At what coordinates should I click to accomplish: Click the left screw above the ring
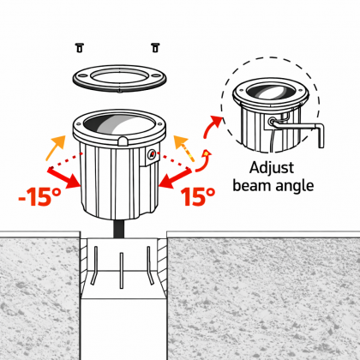[x=80, y=48]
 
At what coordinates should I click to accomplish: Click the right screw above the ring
[x=155, y=47]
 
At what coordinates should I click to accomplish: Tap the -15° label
[x=39, y=197]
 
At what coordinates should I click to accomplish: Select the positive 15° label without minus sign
[x=198, y=196]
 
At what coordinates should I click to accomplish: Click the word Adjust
[x=272, y=168]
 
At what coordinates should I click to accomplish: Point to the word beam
[x=250, y=185]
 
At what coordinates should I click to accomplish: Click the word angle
[x=293, y=187]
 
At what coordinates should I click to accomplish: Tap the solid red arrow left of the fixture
[x=64, y=178]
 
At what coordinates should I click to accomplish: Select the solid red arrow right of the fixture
[x=175, y=178]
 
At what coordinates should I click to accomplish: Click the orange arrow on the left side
[x=56, y=147]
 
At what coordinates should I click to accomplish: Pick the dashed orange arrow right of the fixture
[x=184, y=148]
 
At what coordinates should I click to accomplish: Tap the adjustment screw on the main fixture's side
[x=151, y=154]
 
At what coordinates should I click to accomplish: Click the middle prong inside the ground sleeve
[x=122, y=271]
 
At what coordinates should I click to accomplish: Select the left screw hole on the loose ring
[x=83, y=75]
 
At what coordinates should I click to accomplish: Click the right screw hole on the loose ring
[x=156, y=75]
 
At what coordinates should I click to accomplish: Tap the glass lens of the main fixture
[x=119, y=124]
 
